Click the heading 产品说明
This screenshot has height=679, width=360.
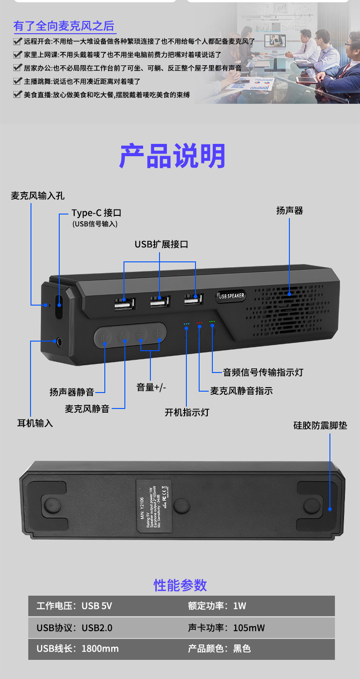172,156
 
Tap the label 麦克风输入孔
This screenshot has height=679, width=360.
38,196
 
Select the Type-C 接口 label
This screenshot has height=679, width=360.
96,213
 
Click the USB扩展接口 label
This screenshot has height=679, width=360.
161,244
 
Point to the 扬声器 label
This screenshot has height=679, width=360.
289,210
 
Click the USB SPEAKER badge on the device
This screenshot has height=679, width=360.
231,296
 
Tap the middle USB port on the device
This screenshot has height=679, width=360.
160,303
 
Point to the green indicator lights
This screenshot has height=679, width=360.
212,322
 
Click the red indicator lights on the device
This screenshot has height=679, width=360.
199,322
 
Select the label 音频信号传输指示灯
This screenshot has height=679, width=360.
263,373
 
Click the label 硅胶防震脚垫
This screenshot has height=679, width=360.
320,426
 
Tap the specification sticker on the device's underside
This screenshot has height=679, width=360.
154,505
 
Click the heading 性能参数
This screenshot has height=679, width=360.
180,585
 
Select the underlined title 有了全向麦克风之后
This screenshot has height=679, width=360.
64,26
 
